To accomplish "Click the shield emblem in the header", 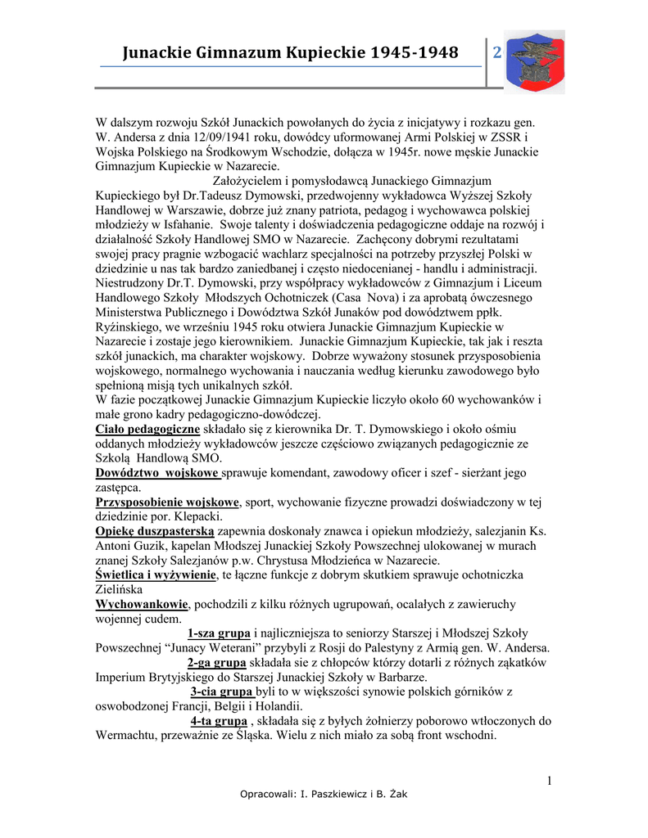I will tap(533, 61).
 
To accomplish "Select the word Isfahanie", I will tap(170, 225).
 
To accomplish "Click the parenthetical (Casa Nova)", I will tap(368, 299).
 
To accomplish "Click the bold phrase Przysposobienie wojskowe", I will tap(167, 502).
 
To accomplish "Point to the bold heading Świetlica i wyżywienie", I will tap(158, 575).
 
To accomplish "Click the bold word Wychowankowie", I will tap(142, 604).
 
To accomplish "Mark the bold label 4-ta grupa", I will tap(219, 722).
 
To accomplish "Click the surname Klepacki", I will tap(197, 516).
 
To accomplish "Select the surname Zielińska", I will tap(120, 589).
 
